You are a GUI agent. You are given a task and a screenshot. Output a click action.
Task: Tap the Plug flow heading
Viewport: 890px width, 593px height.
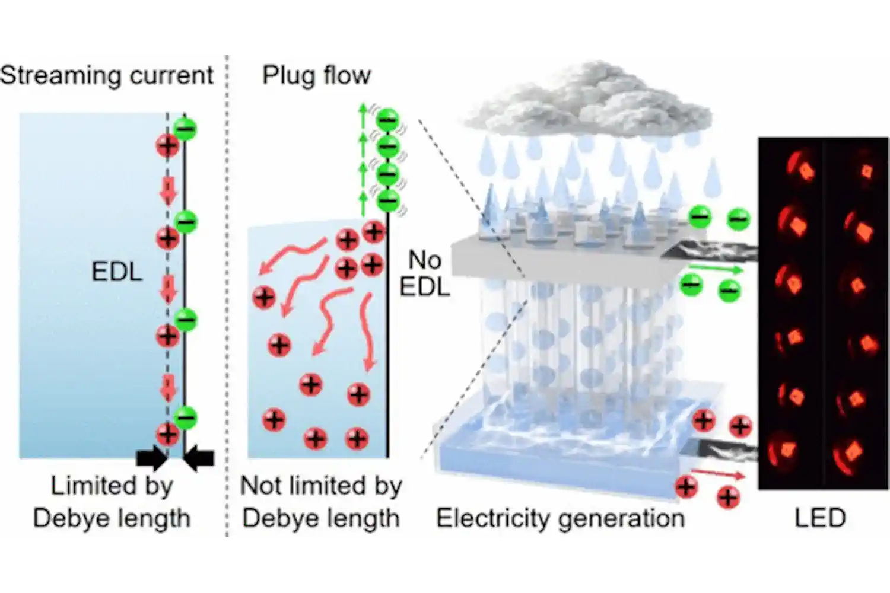316,76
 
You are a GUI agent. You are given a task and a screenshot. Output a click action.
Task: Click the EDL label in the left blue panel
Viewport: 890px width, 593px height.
117,272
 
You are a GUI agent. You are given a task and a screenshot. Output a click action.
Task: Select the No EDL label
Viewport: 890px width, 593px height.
424,273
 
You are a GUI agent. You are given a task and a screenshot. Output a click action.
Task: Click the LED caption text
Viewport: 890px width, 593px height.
820,518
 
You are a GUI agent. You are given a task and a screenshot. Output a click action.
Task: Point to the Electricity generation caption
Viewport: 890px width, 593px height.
560,518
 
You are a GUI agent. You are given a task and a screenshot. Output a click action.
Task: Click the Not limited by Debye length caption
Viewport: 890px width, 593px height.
321,502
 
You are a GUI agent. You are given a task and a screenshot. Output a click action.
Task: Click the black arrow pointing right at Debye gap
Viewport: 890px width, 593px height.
150,458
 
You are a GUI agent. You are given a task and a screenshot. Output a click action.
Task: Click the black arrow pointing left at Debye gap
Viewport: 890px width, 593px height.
200,458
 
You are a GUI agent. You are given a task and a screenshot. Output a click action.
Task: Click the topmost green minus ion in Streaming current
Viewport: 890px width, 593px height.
186,129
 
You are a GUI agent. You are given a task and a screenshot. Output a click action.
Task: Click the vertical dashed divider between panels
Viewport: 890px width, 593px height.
226,296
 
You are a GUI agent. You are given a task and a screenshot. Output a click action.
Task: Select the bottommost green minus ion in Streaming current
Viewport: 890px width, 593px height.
186,418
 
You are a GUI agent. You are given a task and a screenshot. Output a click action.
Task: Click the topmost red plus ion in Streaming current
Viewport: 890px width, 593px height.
167,145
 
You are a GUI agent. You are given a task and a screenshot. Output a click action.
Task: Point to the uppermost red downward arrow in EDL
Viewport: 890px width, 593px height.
169,191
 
